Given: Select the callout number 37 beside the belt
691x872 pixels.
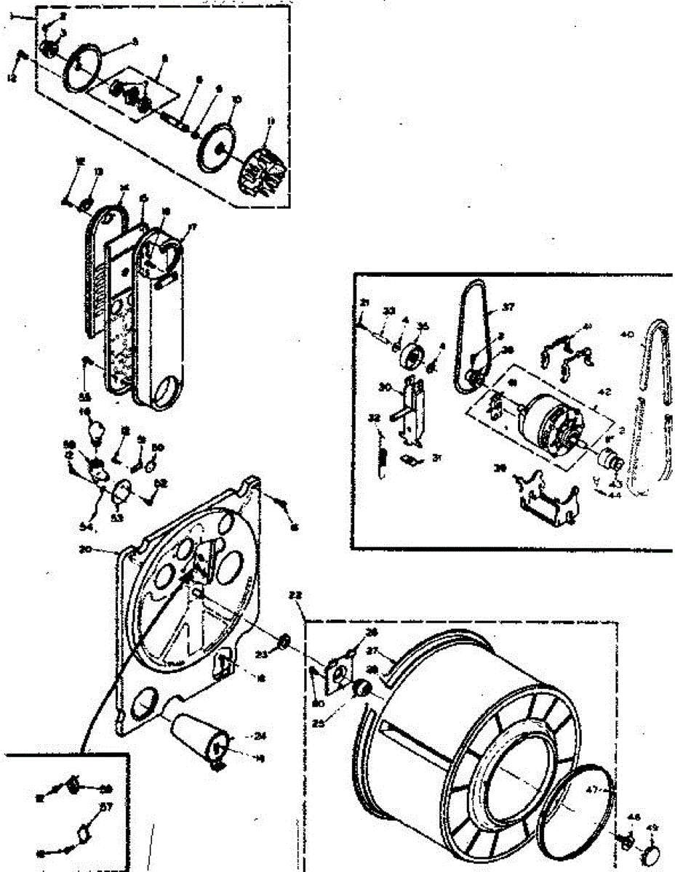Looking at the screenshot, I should point(507,307).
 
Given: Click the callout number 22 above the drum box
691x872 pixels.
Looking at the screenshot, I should point(295,594).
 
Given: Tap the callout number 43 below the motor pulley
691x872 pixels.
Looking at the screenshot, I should point(615,483).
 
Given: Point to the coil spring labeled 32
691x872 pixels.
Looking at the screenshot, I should point(381,458).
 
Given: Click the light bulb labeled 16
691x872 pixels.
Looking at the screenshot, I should point(95,432).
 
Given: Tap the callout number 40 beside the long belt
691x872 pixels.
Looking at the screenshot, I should point(627,335).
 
